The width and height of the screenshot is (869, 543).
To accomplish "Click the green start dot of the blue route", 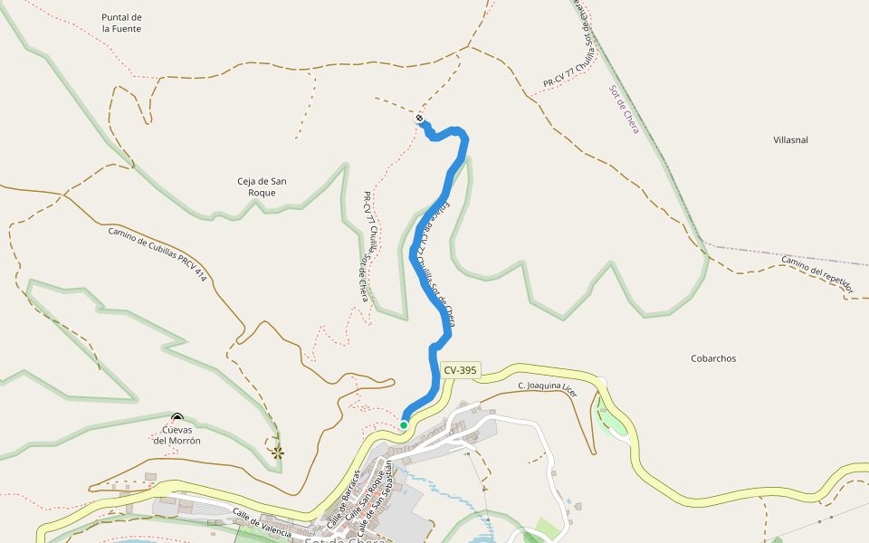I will tap(404, 424).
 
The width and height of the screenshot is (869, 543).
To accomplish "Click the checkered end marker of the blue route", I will tap(420, 119).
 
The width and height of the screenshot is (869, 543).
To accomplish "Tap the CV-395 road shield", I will tap(460, 370).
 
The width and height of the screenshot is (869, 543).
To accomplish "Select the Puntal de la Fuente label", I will tap(122, 23).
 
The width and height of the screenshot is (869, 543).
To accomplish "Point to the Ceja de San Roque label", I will tap(262, 186).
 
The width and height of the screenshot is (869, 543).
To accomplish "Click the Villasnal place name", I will tap(790, 140).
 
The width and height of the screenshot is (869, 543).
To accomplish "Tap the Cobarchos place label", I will tap(713, 358).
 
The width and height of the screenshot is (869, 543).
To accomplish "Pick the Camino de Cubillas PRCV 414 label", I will tap(158, 253).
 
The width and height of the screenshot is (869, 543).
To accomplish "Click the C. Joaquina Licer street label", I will tap(547, 387).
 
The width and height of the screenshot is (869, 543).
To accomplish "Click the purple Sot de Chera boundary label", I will tap(624, 110).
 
